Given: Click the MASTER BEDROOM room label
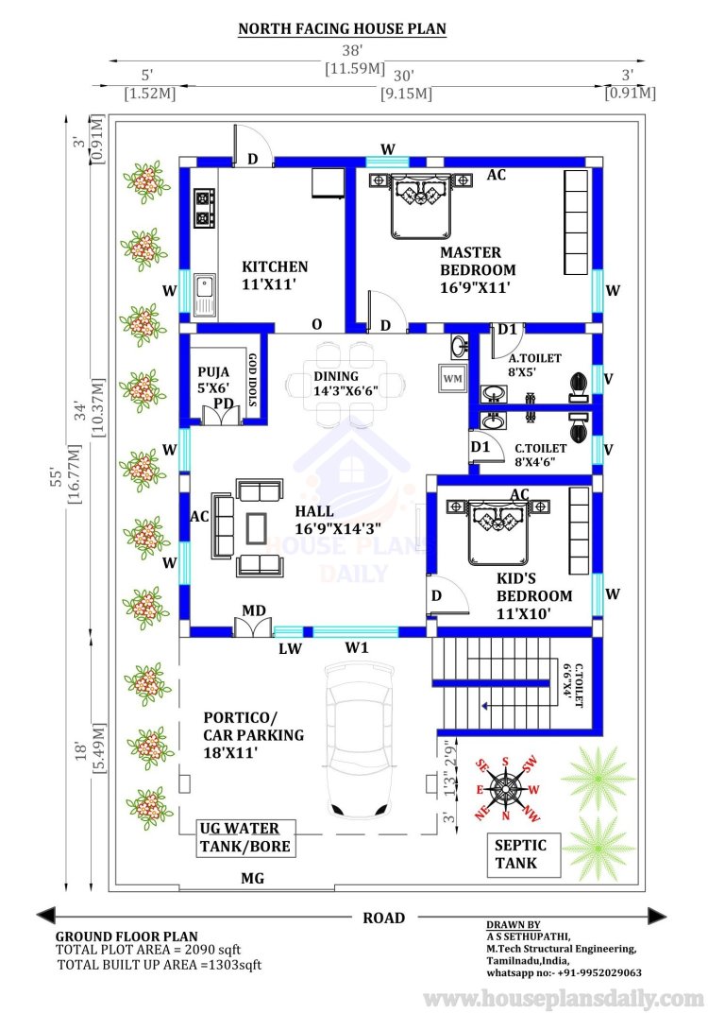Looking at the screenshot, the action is click(x=478, y=270).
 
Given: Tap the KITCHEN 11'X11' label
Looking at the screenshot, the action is click(x=275, y=275).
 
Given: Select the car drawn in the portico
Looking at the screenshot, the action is click(x=360, y=740).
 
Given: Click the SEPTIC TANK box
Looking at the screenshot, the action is click(x=523, y=854).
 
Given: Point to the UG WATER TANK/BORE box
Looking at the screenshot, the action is click(x=245, y=838).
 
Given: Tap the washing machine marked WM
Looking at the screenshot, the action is click(x=452, y=379).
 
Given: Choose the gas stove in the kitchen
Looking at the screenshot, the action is click(x=204, y=207).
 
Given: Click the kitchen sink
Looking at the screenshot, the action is click(x=204, y=294).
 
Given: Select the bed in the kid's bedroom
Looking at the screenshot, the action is click(x=497, y=530).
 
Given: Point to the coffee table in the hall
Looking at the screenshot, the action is click(x=257, y=528).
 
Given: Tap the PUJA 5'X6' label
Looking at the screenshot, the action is click(x=213, y=380).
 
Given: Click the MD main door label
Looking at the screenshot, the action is click(x=254, y=610).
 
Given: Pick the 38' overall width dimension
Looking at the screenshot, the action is click(x=352, y=50).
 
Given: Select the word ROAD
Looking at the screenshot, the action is click(x=383, y=919).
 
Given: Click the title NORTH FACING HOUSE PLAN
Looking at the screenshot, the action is click(x=342, y=29).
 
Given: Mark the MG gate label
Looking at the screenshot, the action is click(x=252, y=878).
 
